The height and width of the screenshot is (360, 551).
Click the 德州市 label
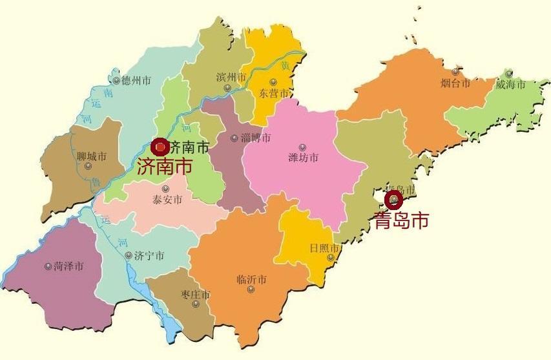(136, 81)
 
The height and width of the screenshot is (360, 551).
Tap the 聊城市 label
(91, 156)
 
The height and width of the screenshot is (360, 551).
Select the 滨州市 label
(231, 78)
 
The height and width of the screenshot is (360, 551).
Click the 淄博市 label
(255, 138)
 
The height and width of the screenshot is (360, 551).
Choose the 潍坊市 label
(303, 158)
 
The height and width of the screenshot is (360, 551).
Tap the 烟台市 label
(455, 83)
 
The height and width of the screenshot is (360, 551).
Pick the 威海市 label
(510, 85)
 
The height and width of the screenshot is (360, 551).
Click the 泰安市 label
(167, 200)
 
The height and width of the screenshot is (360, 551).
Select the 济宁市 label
(149, 256)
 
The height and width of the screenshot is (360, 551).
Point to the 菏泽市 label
(68, 266)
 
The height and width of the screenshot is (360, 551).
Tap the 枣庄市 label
(195, 295)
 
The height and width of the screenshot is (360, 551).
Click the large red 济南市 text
(165, 166)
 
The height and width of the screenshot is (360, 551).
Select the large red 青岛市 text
(401, 221)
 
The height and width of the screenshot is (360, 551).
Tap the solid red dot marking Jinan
(159, 147)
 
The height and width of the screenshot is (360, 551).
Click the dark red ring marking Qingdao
(393, 200)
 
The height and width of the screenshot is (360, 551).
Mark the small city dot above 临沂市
(251, 289)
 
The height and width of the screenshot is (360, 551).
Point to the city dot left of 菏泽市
(48, 266)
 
